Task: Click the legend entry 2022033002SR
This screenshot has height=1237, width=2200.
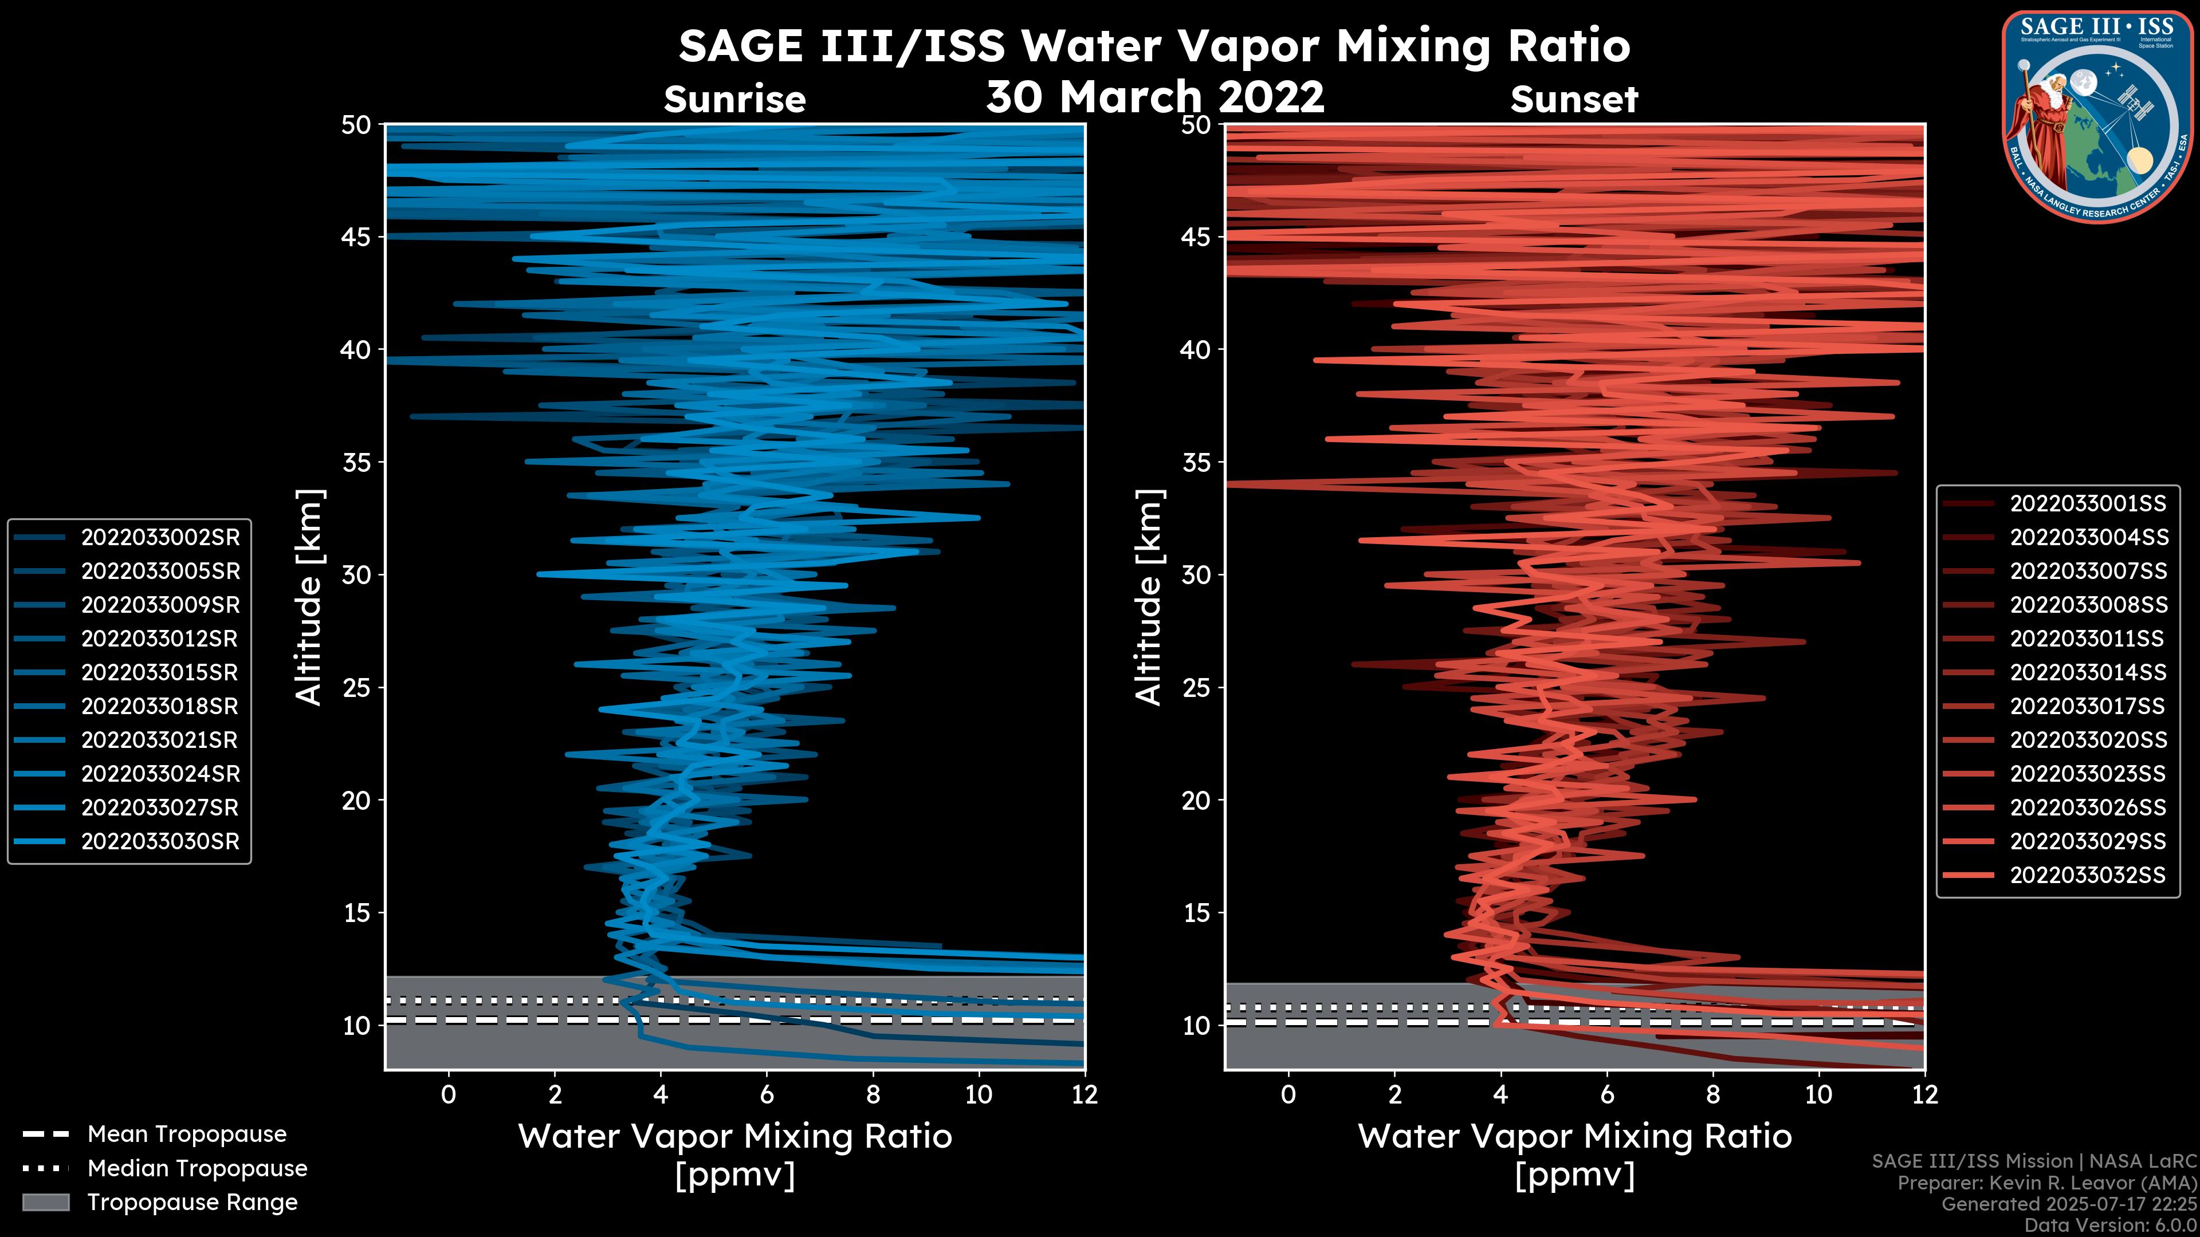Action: coord(160,538)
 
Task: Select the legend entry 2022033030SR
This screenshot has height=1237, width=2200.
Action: coord(160,842)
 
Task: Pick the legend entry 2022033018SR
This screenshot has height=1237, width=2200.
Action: coord(160,707)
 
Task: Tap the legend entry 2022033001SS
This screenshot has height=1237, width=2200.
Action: coord(2087,504)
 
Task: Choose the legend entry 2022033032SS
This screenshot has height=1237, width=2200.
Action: coord(2087,875)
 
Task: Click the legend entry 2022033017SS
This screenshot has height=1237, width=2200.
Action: coord(2087,707)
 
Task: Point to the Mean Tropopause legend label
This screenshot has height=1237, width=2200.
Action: coord(187,1134)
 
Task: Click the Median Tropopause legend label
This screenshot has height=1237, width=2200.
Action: coord(197,1169)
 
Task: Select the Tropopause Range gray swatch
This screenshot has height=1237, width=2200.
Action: coord(45,1202)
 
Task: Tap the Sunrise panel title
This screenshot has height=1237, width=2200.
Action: coord(734,100)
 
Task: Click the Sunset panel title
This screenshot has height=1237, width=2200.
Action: coord(1574,100)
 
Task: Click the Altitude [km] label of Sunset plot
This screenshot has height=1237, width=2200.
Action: coord(1149,597)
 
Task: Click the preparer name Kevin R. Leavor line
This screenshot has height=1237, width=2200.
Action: coord(2046,1183)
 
